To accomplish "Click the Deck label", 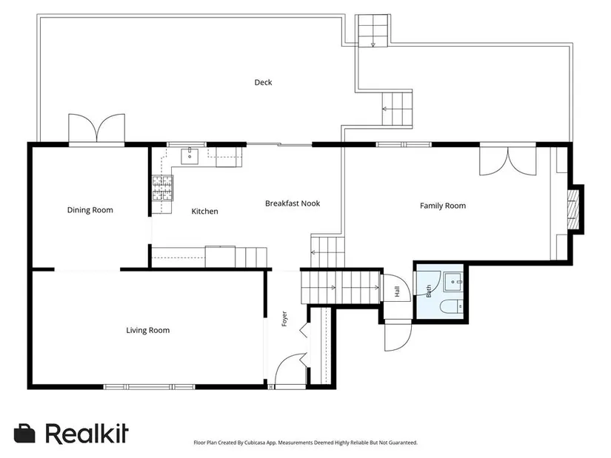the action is coord(263,82).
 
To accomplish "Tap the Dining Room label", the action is coord(90,210).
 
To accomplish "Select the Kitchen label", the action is coord(204,211).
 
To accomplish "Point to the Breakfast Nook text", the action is coord(293,203).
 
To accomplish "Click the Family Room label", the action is coord(443,206).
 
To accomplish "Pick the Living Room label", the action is coord(147,330).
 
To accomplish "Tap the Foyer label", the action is coord(284,319).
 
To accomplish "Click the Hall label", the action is coord(397,292).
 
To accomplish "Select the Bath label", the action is coord(429,292).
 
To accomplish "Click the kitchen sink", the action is coord(190,156).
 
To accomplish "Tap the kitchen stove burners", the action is coord(162,188).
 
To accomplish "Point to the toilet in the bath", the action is coord(452,306).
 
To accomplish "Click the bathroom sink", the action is coord(453,282).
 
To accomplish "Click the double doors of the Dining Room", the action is coord(96,129).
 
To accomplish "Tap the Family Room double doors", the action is coord(508,160).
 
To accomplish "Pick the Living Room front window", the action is coord(150,387).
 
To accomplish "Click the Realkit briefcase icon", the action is coord(24,434).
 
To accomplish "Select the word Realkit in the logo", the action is coord(87,433).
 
